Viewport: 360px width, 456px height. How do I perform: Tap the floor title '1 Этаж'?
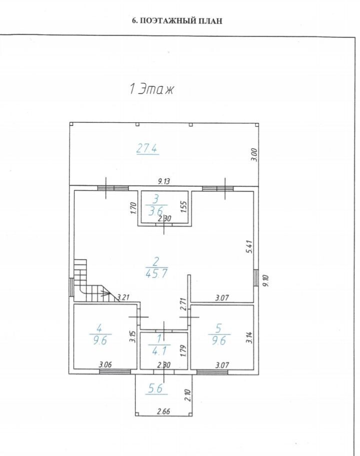[x=151, y=89]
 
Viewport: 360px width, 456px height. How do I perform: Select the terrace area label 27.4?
[x=147, y=149]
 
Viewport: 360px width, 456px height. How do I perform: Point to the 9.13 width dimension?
[x=164, y=181]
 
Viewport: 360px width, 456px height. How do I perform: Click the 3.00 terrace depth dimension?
[x=254, y=155]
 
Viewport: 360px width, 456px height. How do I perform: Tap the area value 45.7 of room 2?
[x=156, y=273]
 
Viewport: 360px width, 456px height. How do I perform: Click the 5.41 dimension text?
[x=249, y=246]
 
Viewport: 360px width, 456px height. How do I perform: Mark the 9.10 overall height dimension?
[x=265, y=281]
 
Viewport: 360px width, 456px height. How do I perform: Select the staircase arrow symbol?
[x=103, y=293]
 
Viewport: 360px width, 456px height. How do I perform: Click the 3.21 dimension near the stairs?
[x=123, y=298]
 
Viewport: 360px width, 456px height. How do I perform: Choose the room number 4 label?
[x=99, y=329]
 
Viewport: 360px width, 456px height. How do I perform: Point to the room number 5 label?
[x=218, y=329]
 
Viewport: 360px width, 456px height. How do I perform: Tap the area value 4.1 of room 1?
[x=159, y=351]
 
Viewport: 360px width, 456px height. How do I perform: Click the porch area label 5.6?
[x=155, y=389]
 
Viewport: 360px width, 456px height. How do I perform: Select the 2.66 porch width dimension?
[x=163, y=412]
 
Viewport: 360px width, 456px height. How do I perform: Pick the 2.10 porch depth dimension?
[x=187, y=396]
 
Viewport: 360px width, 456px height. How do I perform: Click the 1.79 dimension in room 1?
[x=183, y=351]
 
